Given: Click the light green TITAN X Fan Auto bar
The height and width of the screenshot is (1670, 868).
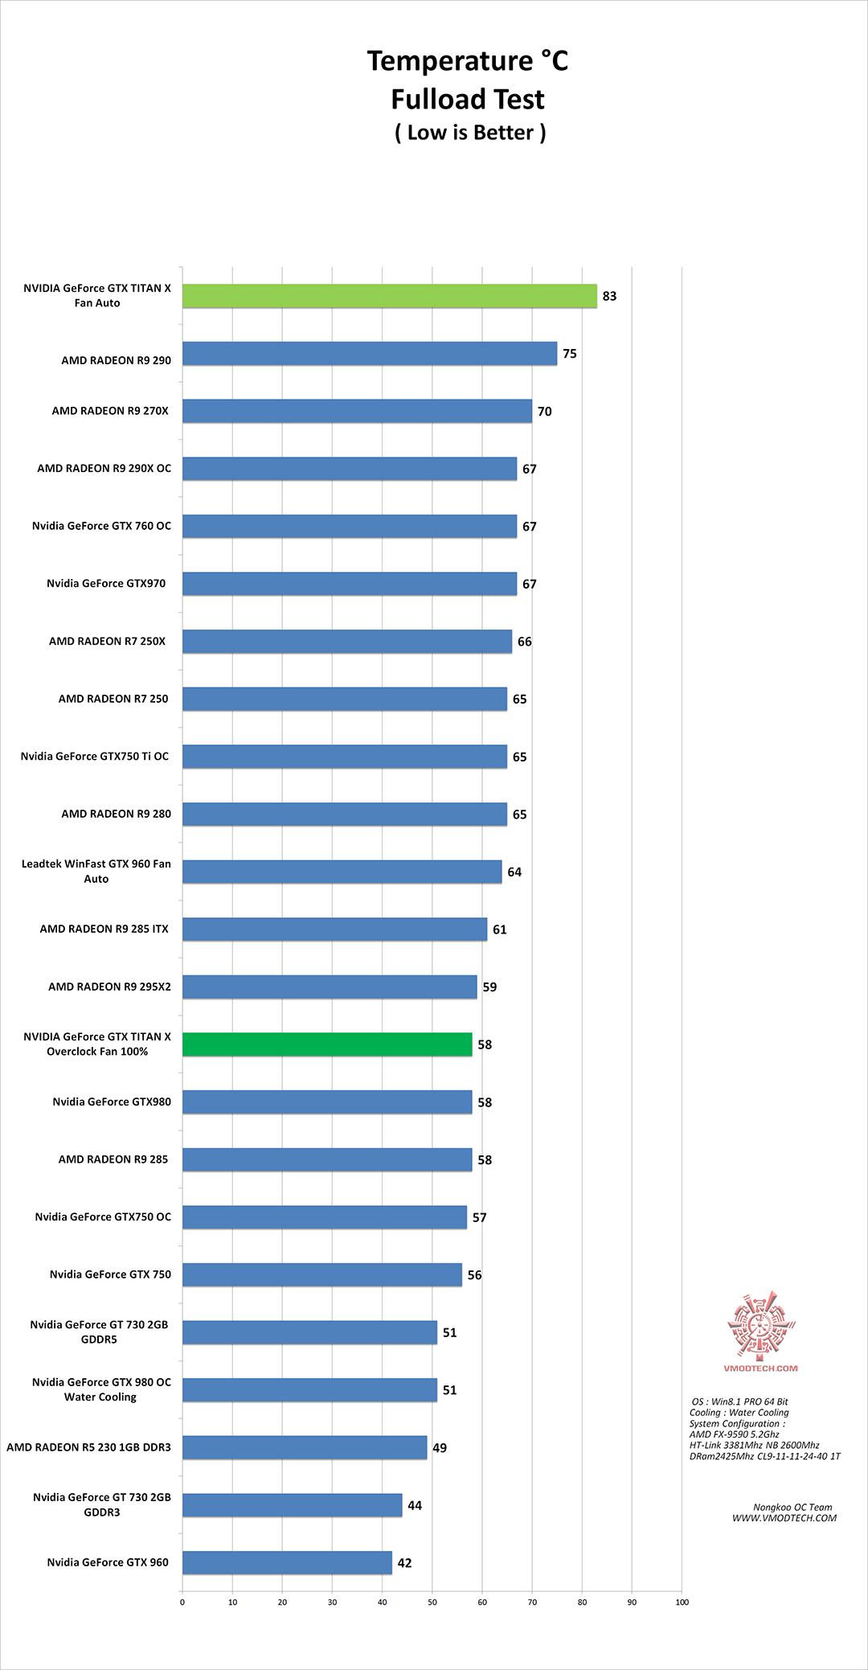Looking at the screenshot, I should [x=390, y=296].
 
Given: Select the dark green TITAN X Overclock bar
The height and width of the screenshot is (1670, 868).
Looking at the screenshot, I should [x=327, y=1044].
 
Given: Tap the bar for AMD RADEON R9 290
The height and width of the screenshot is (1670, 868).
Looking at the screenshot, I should [x=370, y=354].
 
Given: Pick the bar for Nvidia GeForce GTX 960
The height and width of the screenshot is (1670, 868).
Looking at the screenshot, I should [x=287, y=1562].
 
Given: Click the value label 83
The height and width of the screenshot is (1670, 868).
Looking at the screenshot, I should [x=610, y=296].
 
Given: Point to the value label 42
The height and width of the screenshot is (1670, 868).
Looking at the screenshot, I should [x=405, y=1563].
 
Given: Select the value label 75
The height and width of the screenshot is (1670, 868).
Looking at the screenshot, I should [x=570, y=354].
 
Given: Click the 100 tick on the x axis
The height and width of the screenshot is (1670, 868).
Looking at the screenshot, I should [x=682, y=1602].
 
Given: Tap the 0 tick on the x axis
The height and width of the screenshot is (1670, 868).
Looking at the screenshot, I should [x=182, y=1602].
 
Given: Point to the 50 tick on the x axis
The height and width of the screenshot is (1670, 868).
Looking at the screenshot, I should [x=432, y=1602].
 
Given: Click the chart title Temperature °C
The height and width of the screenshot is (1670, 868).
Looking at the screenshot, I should [x=468, y=61].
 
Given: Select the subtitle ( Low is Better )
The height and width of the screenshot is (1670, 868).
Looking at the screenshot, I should [x=470, y=133].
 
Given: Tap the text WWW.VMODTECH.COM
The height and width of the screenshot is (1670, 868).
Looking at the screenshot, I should [x=784, y=1518].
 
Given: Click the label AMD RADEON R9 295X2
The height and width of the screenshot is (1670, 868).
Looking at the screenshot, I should [x=109, y=987].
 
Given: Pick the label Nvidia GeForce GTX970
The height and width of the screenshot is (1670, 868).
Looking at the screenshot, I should [x=106, y=584].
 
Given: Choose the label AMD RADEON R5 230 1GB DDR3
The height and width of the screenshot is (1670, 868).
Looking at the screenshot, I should [x=88, y=1447].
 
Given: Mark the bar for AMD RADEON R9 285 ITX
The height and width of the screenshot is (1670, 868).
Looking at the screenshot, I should [x=334, y=929].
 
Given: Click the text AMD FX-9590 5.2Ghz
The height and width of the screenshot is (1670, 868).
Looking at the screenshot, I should [x=735, y=1434].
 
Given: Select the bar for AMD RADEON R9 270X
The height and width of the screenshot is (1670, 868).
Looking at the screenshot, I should [x=357, y=411].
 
